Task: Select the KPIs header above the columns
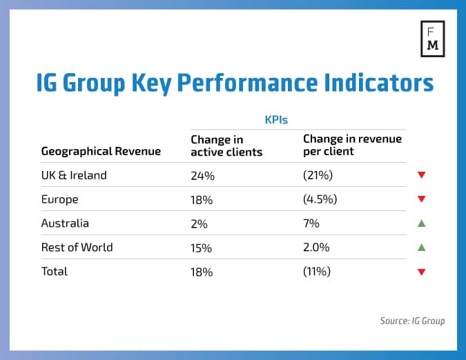[275, 119]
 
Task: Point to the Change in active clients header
[226, 146]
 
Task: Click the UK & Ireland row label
[74, 175]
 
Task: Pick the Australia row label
[65, 223]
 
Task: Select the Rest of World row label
[77, 247]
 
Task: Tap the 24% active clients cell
[203, 176]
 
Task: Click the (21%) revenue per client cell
[317, 176]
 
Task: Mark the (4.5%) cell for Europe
[320, 200]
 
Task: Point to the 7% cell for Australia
[311, 224]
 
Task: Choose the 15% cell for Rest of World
[203, 248]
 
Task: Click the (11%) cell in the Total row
[317, 272]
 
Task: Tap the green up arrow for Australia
[421, 223]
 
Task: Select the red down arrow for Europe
[421, 200]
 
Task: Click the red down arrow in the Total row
[421, 272]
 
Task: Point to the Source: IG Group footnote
[412, 321]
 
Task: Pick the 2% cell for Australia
[200, 224]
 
